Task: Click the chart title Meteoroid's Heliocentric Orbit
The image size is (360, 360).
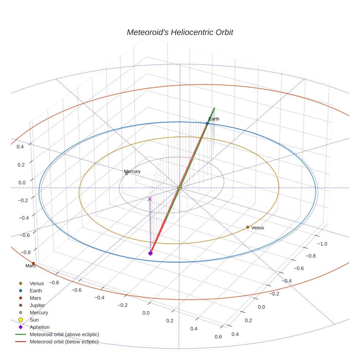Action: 180,33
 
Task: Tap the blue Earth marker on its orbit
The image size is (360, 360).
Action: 207,124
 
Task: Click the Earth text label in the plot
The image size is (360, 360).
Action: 214,119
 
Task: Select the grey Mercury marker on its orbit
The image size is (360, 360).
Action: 127,173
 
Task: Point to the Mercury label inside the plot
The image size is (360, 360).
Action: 132,171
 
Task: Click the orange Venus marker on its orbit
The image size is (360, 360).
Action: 248,227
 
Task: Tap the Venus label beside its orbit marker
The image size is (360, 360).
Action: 258,228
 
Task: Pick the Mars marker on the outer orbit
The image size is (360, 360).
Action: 33,263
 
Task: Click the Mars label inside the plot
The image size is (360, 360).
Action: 30,266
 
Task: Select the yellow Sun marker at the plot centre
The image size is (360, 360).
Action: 180,188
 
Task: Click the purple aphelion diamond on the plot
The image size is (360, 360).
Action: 150,253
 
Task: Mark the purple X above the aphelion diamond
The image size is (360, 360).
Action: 150,199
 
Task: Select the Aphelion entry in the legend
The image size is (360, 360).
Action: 40,327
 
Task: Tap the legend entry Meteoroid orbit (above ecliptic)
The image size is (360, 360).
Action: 64,334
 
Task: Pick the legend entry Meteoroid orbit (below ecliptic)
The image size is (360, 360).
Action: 64,342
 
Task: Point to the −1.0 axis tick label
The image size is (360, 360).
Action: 322,244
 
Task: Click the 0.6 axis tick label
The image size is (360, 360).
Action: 218,337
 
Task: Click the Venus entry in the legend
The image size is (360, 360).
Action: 37,283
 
